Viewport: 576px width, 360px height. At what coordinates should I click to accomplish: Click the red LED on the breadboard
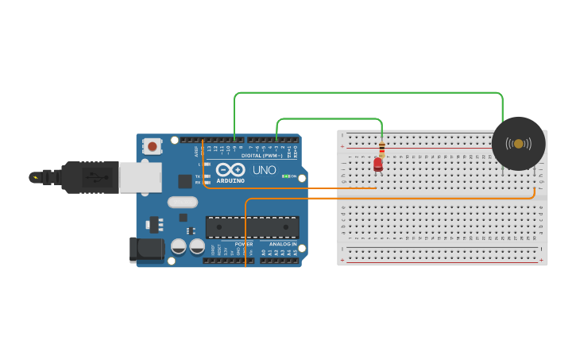[378, 164]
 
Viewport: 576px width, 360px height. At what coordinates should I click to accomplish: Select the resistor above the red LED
[381, 148]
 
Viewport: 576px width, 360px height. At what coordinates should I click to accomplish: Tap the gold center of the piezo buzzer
[518, 144]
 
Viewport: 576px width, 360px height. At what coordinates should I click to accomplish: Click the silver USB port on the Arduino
[141, 177]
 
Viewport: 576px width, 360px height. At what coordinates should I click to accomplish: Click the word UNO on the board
[264, 170]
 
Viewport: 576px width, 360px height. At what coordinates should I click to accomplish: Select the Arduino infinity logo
[230, 170]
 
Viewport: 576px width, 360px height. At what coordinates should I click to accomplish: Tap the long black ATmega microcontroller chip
[252, 227]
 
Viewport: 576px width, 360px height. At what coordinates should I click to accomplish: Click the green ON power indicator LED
[285, 176]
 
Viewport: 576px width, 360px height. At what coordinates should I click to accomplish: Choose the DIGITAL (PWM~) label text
[261, 156]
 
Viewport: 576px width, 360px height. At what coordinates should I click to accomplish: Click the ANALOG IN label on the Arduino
[282, 244]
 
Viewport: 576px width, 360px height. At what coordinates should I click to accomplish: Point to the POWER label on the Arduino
[243, 244]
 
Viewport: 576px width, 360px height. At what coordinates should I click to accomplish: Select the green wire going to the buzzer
[365, 93]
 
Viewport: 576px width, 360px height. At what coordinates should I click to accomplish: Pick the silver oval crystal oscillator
[183, 202]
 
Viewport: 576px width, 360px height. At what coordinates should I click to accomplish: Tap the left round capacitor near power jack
[179, 247]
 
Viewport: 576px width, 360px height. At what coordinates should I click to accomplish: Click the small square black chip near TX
[184, 181]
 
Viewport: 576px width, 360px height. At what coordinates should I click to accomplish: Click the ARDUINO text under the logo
[230, 181]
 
